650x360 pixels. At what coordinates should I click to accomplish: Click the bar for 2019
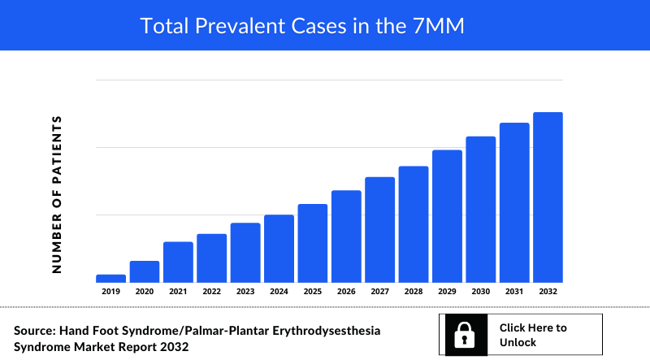click(x=110, y=278)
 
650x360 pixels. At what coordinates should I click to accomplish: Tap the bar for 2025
click(x=313, y=243)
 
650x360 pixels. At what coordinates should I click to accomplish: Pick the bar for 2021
click(x=178, y=262)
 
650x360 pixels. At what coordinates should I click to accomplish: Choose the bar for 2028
click(x=414, y=224)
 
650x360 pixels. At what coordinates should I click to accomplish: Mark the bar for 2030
click(x=481, y=209)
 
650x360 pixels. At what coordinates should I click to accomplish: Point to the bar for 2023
click(x=245, y=252)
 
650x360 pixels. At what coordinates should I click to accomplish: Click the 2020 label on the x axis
click(x=145, y=291)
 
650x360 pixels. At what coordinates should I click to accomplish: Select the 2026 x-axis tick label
click(x=346, y=291)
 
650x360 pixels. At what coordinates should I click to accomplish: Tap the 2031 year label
click(x=514, y=291)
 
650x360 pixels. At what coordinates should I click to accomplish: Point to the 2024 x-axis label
click(x=279, y=291)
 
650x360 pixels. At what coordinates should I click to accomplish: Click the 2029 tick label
click(x=447, y=291)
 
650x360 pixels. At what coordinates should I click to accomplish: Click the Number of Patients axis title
click(x=57, y=193)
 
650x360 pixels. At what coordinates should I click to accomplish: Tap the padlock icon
click(x=464, y=335)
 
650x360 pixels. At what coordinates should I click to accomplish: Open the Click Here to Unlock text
click(x=533, y=335)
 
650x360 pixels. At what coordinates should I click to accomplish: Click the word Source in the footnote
click(x=33, y=331)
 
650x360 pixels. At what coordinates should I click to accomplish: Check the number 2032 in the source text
click(x=175, y=347)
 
